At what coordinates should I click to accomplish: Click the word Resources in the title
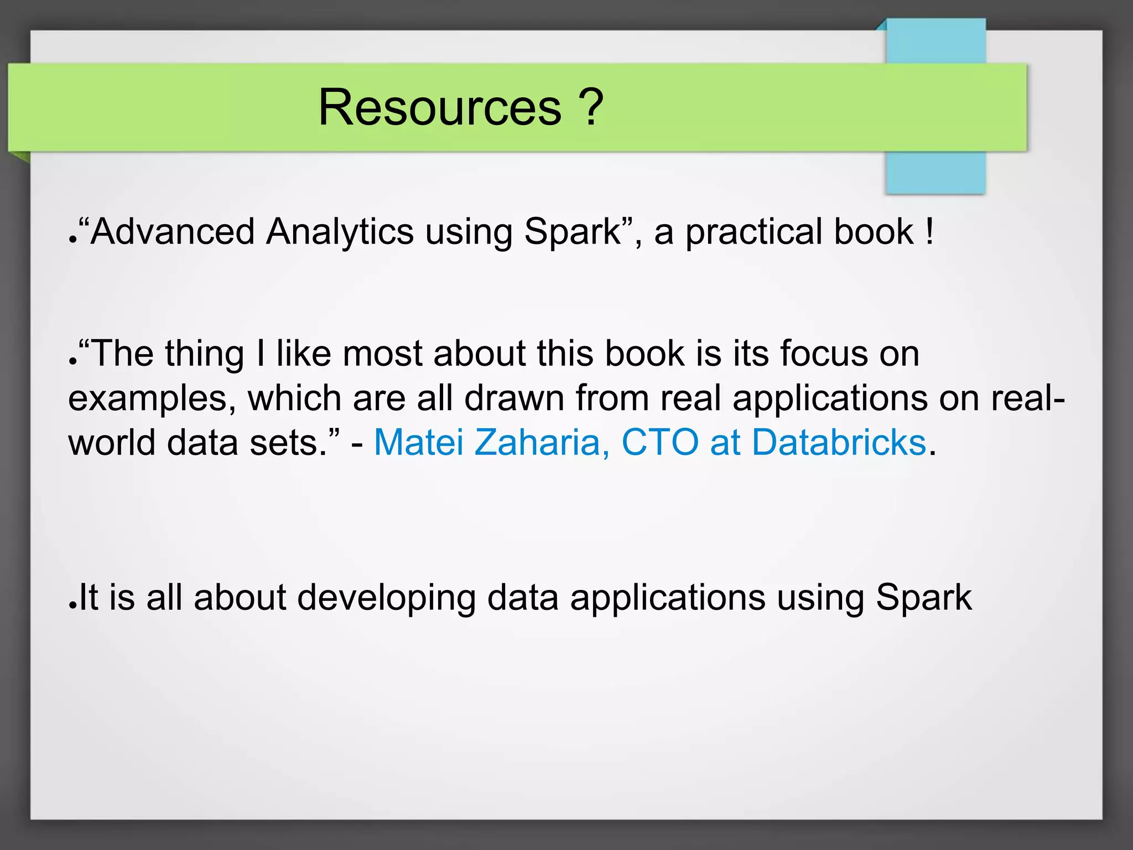tap(440, 107)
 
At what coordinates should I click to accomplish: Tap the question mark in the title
tap(590, 107)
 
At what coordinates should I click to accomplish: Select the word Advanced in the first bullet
tap(173, 231)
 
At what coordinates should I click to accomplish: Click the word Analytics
tap(340, 231)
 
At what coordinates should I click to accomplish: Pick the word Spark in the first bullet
tap(573, 231)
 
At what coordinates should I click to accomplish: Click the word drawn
tap(514, 398)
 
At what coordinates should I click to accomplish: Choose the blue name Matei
tap(419, 443)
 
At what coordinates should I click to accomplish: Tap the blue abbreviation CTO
tap(660, 443)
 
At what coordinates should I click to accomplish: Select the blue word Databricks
tap(839, 443)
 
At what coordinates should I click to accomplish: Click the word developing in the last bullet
tap(386, 599)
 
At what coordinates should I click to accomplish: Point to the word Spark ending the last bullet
tap(924, 598)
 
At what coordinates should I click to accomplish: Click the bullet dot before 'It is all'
tap(72, 605)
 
